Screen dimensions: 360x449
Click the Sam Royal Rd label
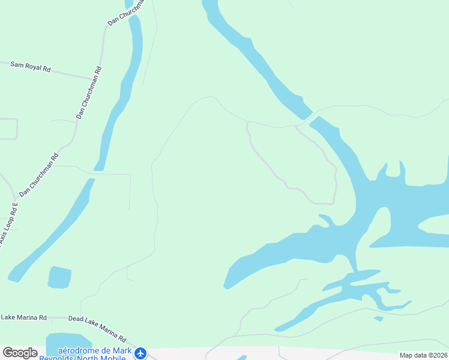30,66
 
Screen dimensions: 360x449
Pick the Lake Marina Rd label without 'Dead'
23,317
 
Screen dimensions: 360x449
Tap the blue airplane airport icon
140,353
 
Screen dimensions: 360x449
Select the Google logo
20,353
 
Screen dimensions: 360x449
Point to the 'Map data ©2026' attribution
424,355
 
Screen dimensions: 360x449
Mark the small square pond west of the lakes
59,277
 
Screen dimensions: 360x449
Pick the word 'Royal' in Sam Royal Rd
38,67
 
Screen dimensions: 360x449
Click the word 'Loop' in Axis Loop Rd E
6,229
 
